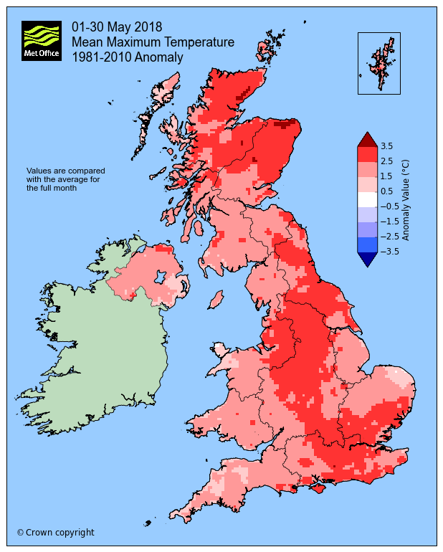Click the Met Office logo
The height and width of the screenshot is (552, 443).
tap(41, 40)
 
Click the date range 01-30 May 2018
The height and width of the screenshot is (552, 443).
tap(117, 27)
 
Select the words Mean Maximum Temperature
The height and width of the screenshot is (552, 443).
tap(153, 42)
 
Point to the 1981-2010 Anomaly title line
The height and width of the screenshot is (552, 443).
tap(128, 57)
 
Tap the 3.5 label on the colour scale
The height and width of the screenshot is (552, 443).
tap(386, 146)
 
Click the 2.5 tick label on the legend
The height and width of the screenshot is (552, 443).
tap(386, 161)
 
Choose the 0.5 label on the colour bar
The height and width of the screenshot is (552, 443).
tap(386, 191)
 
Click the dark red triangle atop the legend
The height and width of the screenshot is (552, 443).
tap(366, 139)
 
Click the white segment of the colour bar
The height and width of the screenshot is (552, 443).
tap(366, 199)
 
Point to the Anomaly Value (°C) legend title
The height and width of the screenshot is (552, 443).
tap(405, 199)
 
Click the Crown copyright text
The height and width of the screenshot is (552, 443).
tap(55, 533)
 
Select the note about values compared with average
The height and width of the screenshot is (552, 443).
tap(66, 179)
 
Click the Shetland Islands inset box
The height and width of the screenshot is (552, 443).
tap(378, 63)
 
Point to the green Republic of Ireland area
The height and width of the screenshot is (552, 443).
tap(93, 351)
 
